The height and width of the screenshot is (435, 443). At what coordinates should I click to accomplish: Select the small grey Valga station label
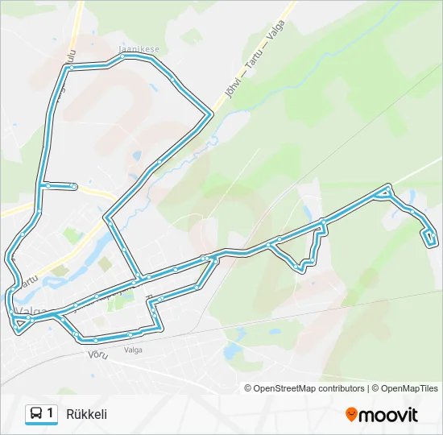click(x=134, y=350)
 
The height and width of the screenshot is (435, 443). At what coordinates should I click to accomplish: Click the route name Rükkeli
click(x=87, y=414)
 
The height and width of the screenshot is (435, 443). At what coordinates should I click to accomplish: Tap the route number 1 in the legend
click(x=51, y=413)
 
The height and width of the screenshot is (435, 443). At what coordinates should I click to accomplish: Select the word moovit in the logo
click(x=388, y=415)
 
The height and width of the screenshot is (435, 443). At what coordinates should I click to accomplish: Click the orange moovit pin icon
click(x=351, y=414)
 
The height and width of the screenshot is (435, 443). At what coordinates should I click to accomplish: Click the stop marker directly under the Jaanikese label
click(x=150, y=57)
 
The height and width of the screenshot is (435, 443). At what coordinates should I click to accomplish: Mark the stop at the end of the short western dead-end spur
click(x=74, y=187)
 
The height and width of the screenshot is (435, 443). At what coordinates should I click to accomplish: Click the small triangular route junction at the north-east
click(x=386, y=192)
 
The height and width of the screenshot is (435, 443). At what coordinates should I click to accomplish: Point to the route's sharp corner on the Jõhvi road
click(x=211, y=115)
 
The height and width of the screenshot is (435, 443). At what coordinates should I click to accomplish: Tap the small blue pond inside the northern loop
click(x=137, y=155)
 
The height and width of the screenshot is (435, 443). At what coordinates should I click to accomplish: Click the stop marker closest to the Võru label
click(x=95, y=340)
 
